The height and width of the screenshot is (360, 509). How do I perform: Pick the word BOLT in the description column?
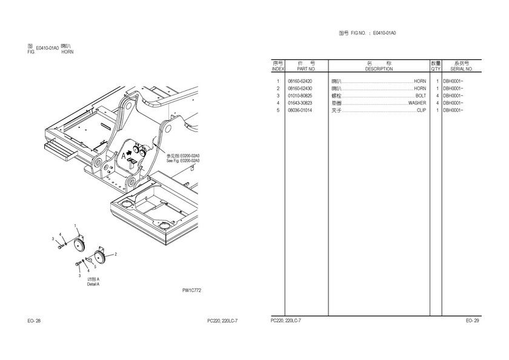[x=421, y=96]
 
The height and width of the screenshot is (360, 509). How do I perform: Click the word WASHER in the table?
[x=417, y=103]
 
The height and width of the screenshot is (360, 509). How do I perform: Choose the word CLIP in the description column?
[x=421, y=110]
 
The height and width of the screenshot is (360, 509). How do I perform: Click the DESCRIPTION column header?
[x=379, y=69]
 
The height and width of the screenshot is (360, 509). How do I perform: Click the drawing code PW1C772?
[x=191, y=290]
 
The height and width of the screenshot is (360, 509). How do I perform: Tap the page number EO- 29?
[x=472, y=320]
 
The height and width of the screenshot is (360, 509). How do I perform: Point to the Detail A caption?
[x=93, y=284]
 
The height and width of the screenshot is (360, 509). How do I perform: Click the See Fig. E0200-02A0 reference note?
[x=182, y=161]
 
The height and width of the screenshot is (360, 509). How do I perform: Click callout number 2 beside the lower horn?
[x=115, y=254]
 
